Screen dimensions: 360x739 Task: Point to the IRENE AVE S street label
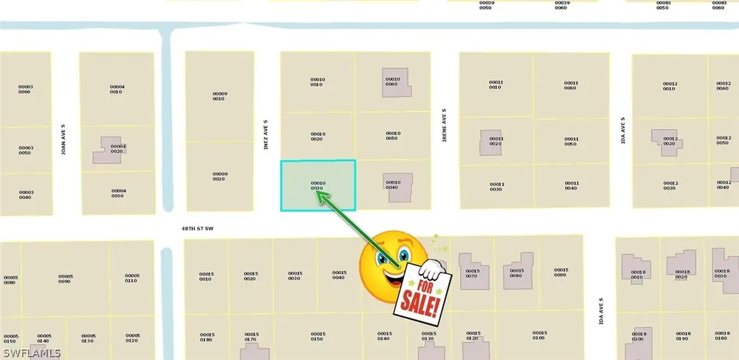coord(444,124)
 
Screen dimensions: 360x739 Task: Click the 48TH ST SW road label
coord(198,228)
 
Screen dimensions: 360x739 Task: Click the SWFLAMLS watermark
coord(31,353)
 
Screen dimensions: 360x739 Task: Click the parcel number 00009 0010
coord(220,96)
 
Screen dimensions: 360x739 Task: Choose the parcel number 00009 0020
coord(220,176)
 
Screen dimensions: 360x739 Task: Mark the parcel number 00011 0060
coord(571,85)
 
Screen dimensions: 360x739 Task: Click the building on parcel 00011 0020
coord(491,142)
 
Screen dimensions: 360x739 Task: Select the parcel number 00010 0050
coord(393,136)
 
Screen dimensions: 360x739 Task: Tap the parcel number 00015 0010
coord(206,276)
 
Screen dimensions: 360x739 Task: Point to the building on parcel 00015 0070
coord(469,270)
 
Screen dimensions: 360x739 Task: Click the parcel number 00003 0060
coord(26,89)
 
